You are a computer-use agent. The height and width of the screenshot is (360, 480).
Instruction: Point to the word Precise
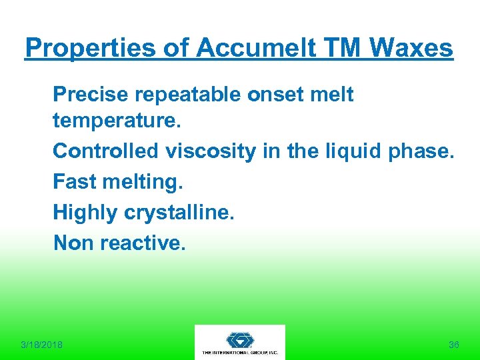(90, 95)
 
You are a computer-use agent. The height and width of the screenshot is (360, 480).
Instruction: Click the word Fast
(73, 181)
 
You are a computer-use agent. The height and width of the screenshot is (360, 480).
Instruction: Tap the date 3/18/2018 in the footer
(41, 345)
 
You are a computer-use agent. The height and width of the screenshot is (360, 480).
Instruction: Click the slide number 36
(454, 345)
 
